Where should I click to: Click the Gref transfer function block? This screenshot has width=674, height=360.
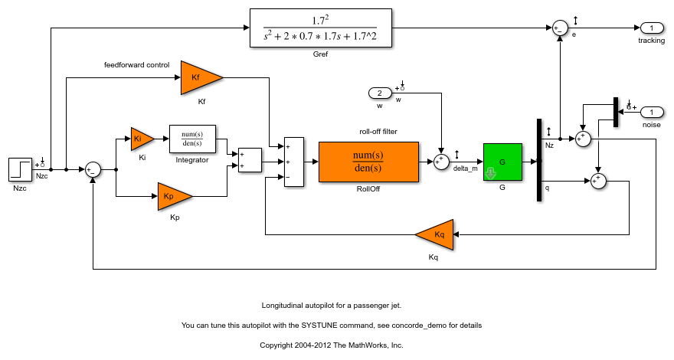coord(320,28)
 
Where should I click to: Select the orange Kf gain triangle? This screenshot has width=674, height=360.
coord(198,77)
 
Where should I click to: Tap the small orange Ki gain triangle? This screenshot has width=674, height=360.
coord(140,139)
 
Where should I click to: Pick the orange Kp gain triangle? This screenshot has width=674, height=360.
coord(172,196)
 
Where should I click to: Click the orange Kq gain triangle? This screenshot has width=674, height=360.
coord(437,234)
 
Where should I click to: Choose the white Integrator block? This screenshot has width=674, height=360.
coord(192,139)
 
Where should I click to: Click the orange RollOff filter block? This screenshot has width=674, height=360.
coord(368,162)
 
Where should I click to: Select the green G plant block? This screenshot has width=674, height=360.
coord(502,162)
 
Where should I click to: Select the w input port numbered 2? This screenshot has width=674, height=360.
coord(379,93)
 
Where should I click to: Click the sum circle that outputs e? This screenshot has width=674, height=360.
coord(561,28)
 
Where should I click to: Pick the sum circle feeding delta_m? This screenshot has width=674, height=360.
coord(441,162)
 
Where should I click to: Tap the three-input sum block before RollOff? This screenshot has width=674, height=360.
coord(293,162)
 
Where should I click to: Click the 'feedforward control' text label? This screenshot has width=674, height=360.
coord(136,65)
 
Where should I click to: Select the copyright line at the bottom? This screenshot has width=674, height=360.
coord(331,345)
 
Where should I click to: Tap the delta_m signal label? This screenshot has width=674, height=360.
coord(465,168)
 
